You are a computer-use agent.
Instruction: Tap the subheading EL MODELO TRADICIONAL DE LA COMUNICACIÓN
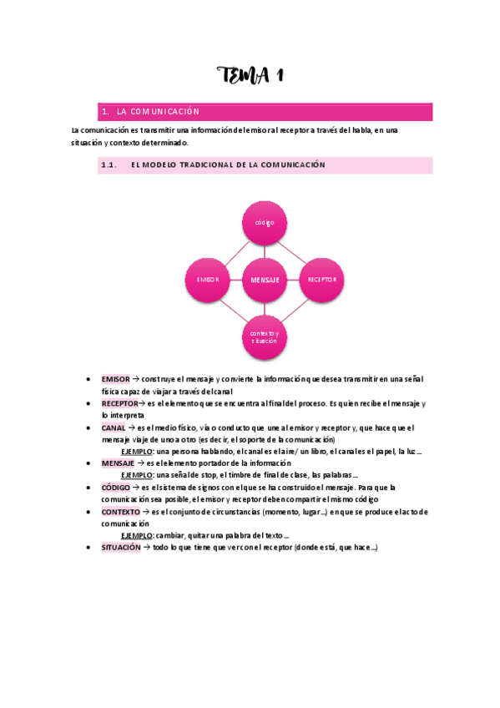click(x=228, y=165)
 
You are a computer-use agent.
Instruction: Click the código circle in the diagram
click(x=265, y=222)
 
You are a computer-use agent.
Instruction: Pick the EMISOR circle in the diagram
click(x=208, y=279)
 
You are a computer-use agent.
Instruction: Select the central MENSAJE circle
click(x=265, y=280)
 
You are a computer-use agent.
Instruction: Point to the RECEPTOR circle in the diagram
click(x=321, y=279)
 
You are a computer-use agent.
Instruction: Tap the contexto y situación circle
click(x=265, y=336)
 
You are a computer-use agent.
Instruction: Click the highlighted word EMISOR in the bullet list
click(x=115, y=379)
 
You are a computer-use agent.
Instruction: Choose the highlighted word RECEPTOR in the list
click(x=120, y=403)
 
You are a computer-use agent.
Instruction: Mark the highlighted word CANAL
click(x=114, y=427)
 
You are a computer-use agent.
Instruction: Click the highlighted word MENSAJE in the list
click(x=118, y=463)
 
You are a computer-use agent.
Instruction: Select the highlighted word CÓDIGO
click(x=116, y=487)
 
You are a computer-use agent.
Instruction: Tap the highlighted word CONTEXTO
click(x=121, y=511)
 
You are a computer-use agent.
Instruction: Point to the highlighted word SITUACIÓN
click(x=121, y=547)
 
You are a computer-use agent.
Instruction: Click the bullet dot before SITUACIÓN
click(x=88, y=547)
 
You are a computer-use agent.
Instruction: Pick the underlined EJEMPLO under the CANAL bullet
click(x=137, y=451)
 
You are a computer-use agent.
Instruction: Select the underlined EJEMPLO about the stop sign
click(x=137, y=475)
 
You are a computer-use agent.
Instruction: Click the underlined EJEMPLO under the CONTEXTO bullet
click(x=137, y=535)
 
